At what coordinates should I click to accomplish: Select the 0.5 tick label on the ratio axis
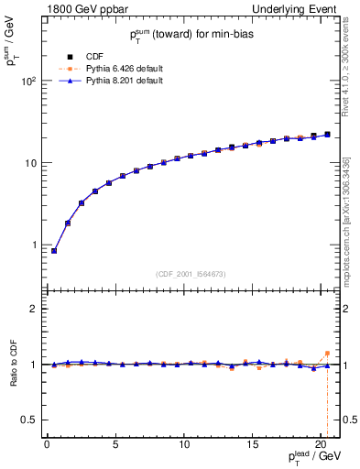coord(28,420)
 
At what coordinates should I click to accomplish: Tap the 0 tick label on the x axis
coord(47,446)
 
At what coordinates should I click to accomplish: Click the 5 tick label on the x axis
coord(115,446)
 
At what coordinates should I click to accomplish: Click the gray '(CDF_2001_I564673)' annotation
coord(190,274)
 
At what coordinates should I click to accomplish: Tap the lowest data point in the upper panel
coord(54,251)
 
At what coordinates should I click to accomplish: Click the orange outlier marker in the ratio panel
coord(327,354)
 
